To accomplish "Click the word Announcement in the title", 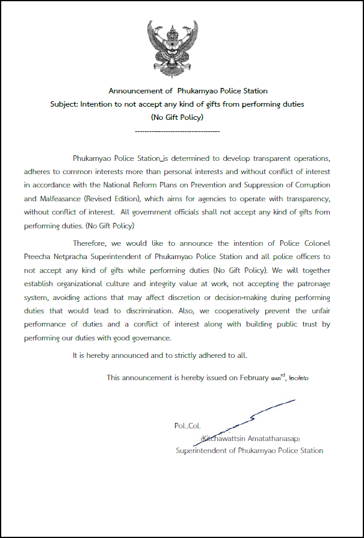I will pos(136,91).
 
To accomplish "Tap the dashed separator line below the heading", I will pos(177,131).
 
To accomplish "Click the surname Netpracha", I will pos(81,256).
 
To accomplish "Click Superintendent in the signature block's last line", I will pos(203,450).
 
